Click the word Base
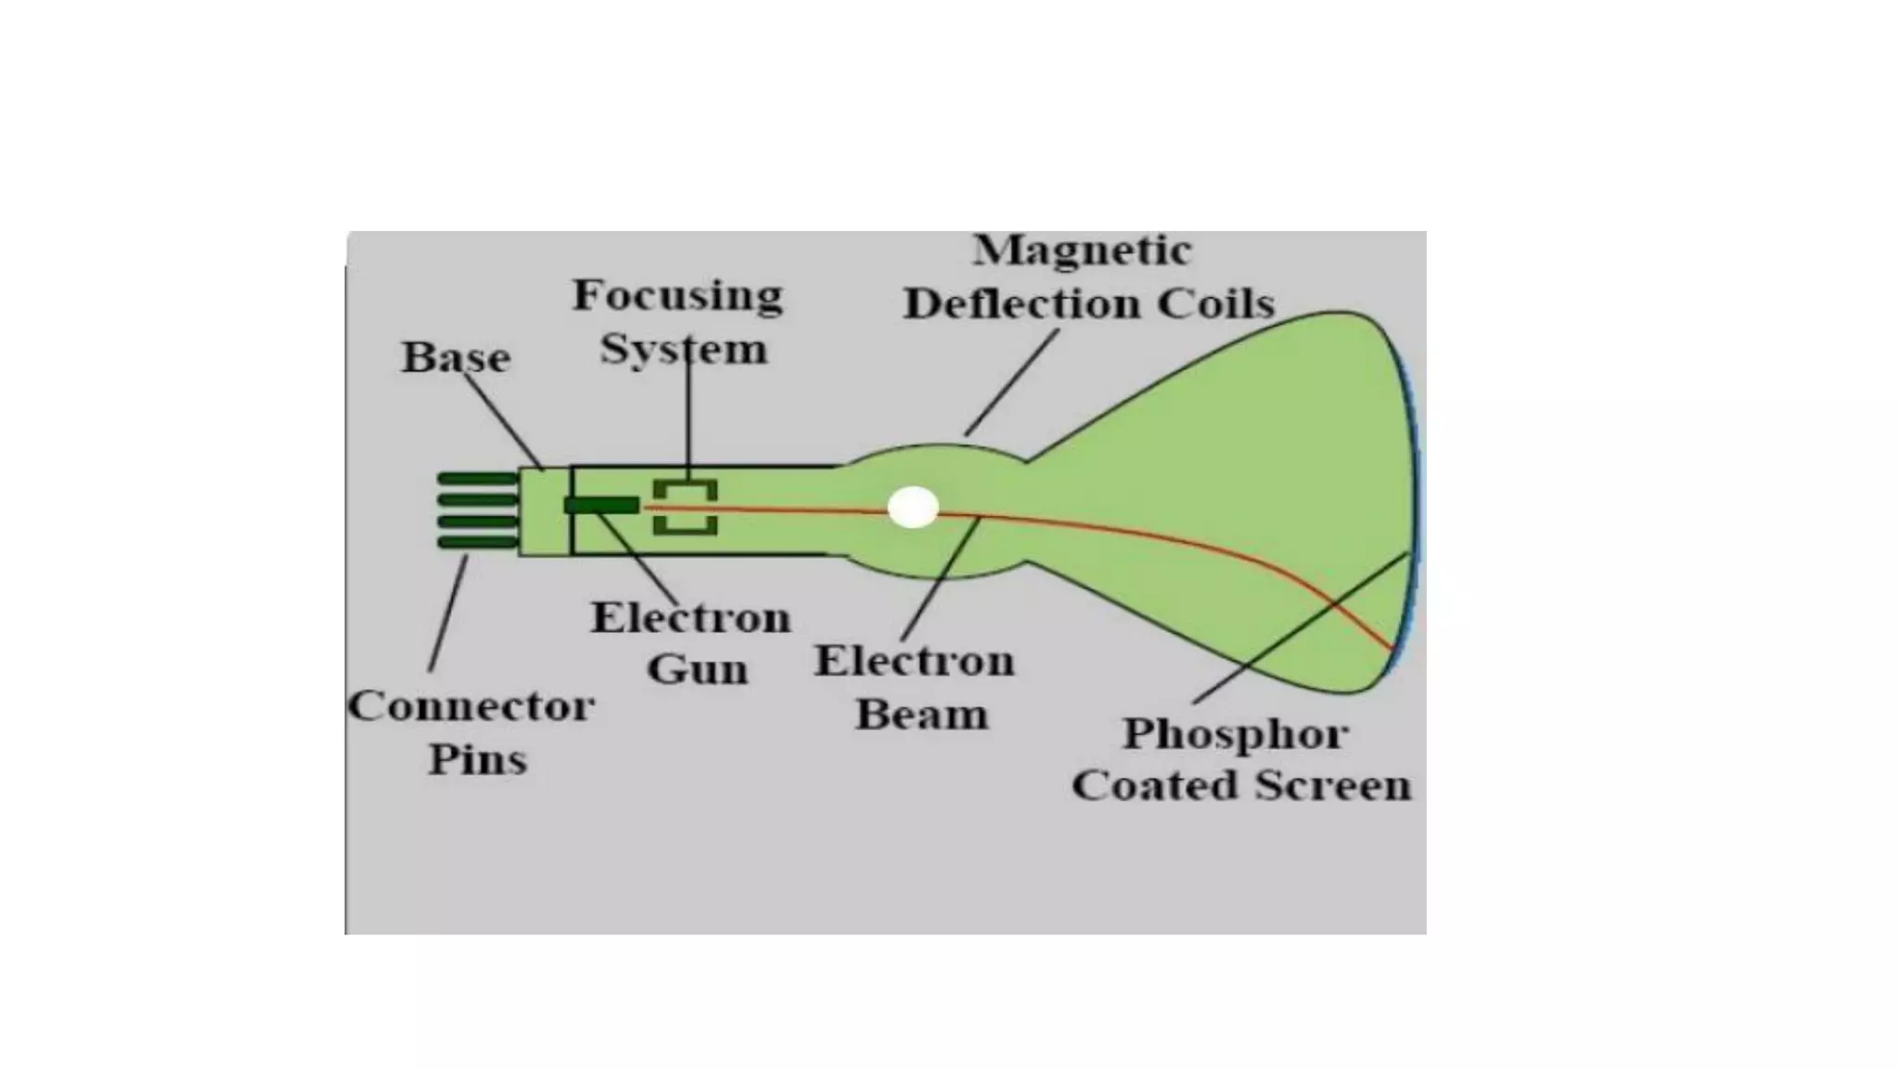point(456,357)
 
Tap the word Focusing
point(677,296)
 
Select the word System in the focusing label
point(684,350)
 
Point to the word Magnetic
point(1082,251)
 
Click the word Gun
point(698,669)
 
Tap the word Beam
point(921,715)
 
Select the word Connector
point(470,706)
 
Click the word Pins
point(477,759)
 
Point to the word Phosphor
point(1235,734)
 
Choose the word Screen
point(1333,786)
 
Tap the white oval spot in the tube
point(913,508)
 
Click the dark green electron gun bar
point(601,505)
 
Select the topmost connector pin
point(477,479)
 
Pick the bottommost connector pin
point(477,542)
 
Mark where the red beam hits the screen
point(1392,647)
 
